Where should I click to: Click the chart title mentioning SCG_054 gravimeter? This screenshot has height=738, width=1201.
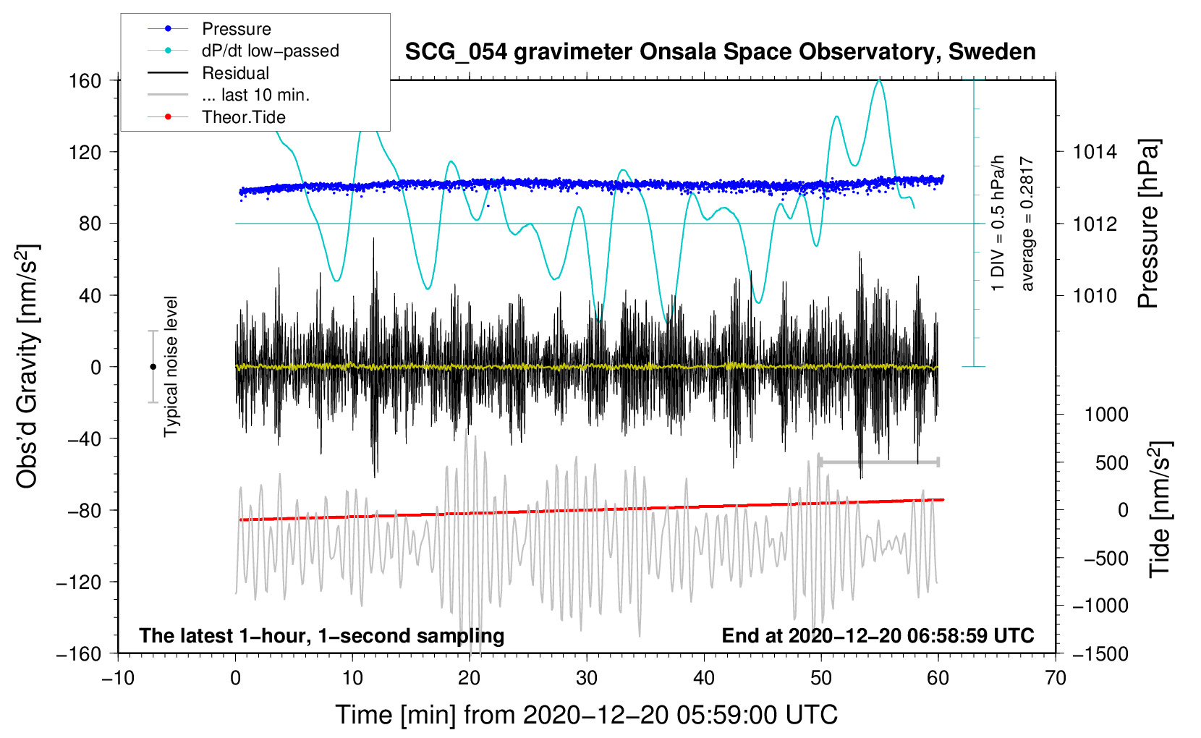pos(720,52)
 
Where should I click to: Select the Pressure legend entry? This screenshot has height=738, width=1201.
pos(237,28)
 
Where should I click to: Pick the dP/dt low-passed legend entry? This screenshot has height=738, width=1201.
pos(271,51)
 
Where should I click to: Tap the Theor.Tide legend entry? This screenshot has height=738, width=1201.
pos(243,117)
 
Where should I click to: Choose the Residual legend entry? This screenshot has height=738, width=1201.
pos(235,73)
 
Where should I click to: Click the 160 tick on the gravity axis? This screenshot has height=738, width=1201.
pos(85,81)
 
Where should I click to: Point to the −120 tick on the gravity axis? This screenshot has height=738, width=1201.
pos(79,582)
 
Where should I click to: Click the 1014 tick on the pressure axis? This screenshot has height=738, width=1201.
pos(1095,152)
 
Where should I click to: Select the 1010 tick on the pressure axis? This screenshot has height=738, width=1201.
pos(1095,295)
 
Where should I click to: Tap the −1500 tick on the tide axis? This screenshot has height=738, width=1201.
pos(1100,654)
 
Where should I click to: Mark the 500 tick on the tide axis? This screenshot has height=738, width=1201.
pos(1111,463)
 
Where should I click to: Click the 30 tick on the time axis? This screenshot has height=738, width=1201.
pos(587,679)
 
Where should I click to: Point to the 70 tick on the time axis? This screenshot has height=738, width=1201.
pos(1056,679)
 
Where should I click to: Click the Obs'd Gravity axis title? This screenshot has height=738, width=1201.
pos(27,366)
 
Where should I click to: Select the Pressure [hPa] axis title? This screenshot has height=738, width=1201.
pos(1148,224)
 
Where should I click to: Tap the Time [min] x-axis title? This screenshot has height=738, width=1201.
pos(587,715)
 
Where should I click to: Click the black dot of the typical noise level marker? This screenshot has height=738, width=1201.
pos(153,367)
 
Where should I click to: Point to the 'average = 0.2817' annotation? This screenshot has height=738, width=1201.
pos(1026,224)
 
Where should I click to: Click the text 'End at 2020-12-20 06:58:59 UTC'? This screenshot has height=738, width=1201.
pos(878,635)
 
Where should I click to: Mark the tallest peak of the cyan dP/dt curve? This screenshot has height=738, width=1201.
pos(879,80)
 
